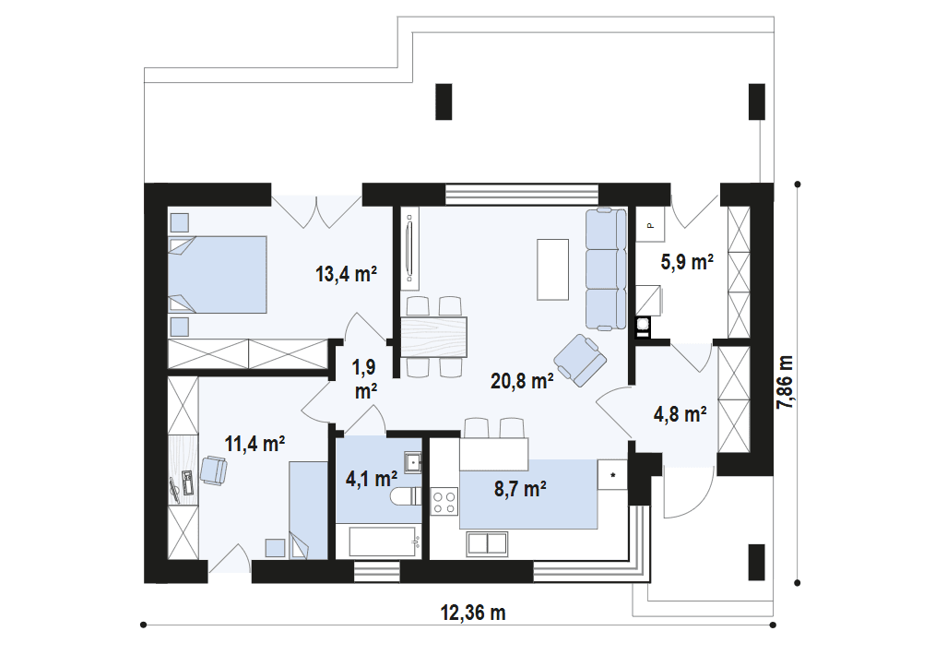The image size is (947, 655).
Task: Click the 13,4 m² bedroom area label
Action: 346,274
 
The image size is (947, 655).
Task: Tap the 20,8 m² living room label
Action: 522,381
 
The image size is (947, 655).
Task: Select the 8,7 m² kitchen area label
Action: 521,488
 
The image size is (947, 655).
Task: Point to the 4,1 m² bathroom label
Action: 372,479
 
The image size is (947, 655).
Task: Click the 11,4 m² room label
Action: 255,444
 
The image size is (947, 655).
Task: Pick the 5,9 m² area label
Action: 687,262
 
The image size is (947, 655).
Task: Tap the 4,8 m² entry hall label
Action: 681,414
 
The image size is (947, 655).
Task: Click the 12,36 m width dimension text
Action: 473,613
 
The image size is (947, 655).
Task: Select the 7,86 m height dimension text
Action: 785,382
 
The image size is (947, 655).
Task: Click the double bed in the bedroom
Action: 218,275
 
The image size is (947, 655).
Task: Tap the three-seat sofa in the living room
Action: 605,268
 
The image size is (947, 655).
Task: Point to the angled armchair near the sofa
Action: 580,361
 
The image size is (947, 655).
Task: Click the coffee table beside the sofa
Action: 552,269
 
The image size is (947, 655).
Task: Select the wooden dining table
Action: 434,337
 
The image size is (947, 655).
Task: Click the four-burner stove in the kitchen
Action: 444,502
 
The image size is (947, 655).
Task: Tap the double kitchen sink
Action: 487,543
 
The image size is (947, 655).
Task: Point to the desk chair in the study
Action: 214,470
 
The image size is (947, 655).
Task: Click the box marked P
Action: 650,225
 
